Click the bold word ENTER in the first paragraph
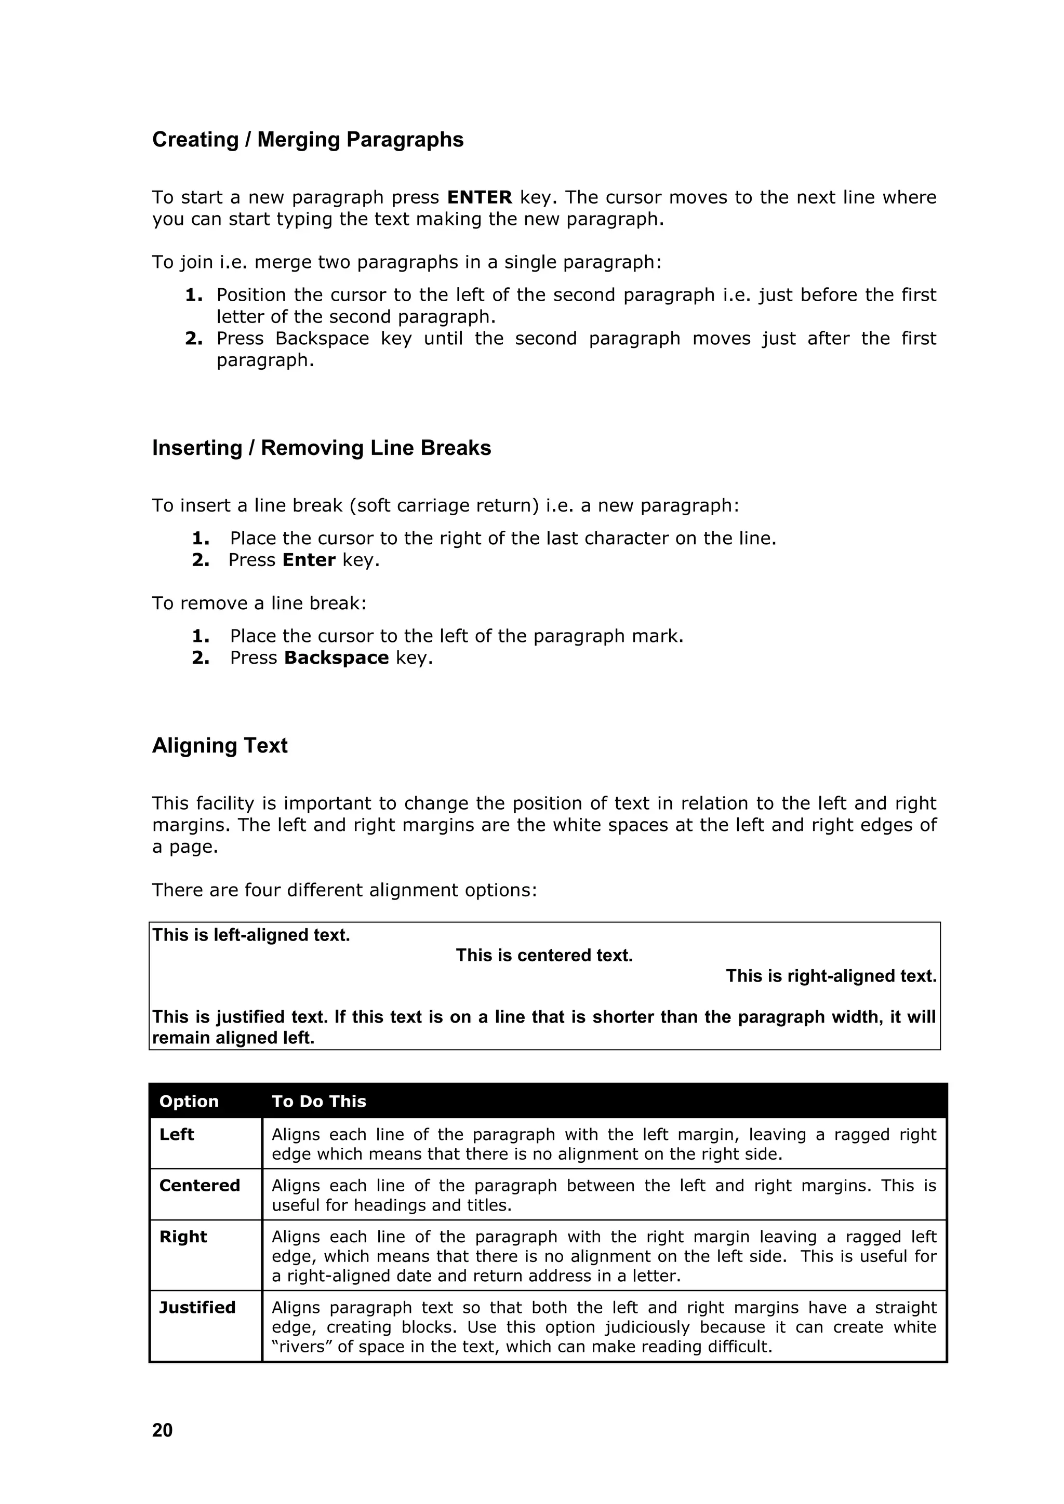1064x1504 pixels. [x=479, y=197]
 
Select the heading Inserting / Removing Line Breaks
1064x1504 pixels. [x=321, y=448]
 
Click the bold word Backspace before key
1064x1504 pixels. [x=336, y=657]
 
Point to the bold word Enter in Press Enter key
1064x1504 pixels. [x=309, y=560]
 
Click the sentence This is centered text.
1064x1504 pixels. [x=544, y=955]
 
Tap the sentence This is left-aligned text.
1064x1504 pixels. [x=251, y=935]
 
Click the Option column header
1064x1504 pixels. [x=189, y=1101]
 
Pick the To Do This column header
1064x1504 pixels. [x=318, y=1101]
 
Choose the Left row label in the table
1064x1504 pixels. [x=176, y=1135]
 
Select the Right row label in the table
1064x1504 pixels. [x=183, y=1237]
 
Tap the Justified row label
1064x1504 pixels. [x=197, y=1308]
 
